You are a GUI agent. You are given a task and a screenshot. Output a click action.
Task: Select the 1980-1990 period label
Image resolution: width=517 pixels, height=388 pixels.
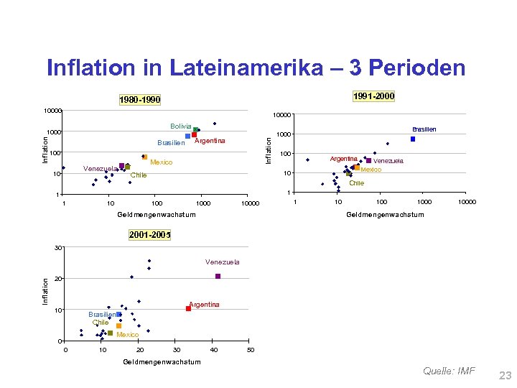[140, 100]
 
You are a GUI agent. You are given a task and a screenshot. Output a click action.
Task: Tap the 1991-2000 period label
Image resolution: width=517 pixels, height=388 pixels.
[373, 96]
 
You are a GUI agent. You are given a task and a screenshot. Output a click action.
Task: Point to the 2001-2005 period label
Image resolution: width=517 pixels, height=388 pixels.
[150, 235]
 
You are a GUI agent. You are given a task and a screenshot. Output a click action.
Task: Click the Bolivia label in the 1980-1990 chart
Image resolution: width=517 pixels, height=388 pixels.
[181, 126]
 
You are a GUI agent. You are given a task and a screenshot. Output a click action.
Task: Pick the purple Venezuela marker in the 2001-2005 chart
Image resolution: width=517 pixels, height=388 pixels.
[218, 277]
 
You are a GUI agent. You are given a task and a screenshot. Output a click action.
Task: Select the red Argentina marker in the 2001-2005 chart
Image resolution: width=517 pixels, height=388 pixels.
[188, 308]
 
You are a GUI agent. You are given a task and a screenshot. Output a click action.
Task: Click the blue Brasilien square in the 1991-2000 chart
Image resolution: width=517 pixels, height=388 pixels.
[413, 139]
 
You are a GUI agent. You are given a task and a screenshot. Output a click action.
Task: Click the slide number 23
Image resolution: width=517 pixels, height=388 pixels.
[504, 374]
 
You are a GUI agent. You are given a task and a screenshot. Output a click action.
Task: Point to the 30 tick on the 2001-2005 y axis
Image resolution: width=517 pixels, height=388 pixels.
[58, 248]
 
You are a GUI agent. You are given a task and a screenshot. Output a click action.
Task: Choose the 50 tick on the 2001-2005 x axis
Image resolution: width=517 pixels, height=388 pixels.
[250, 350]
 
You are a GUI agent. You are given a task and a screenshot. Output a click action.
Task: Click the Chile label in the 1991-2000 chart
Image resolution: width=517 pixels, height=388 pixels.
[356, 183]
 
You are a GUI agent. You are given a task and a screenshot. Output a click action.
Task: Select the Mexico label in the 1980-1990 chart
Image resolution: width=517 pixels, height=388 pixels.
[161, 162]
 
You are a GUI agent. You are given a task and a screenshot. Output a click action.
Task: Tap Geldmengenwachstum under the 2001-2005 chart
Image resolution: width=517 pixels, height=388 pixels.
[162, 361]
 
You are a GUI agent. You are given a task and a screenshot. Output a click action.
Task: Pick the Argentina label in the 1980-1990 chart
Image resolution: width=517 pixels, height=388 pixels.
[210, 141]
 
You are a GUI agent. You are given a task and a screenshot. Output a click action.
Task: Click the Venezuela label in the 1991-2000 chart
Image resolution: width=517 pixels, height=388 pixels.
[388, 161]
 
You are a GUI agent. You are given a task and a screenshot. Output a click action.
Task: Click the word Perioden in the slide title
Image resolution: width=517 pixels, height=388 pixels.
[408, 68]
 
